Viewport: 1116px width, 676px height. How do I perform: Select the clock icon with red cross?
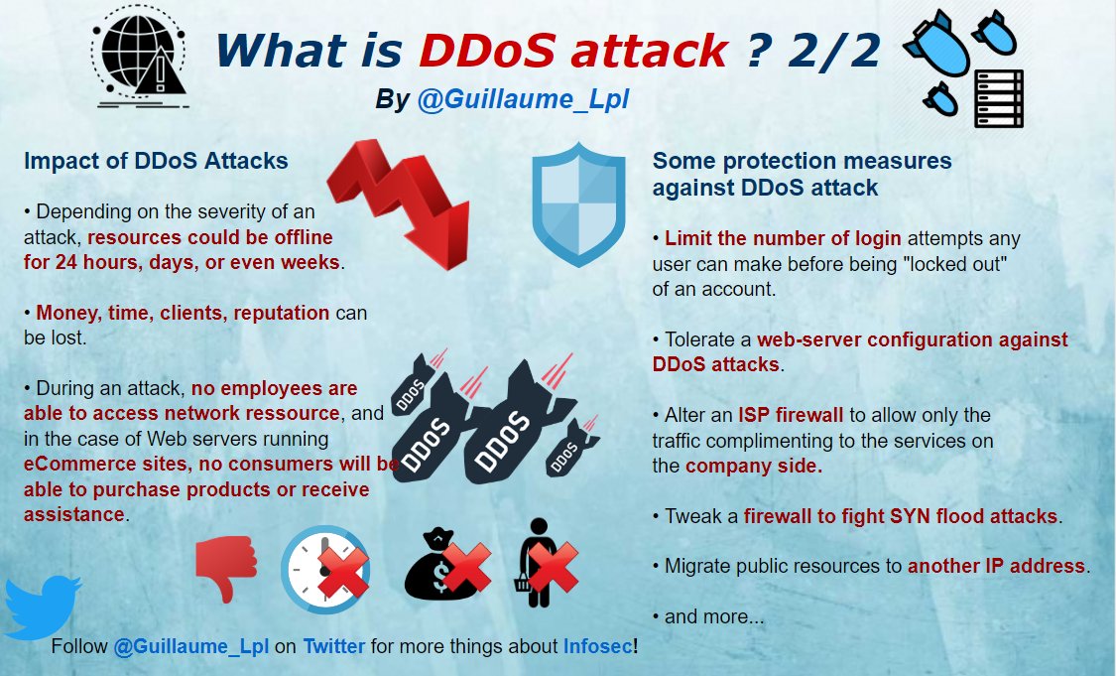tap(326, 570)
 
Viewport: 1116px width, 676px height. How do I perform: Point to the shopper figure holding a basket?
tap(544, 563)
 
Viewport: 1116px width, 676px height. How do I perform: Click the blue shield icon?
tap(578, 203)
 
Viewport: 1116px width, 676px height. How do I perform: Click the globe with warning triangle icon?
tap(140, 57)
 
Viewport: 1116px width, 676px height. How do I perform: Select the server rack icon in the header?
tap(999, 98)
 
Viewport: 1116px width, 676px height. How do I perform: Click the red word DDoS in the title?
tap(487, 52)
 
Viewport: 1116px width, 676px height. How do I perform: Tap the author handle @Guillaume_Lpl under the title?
tap(523, 99)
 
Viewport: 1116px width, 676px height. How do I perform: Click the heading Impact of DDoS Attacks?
tap(156, 161)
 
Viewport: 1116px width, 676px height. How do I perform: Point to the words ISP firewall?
tap(790, 415)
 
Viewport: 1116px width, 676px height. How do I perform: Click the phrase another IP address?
tap(996, 566)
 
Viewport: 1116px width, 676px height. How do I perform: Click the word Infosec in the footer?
tap(597, 646)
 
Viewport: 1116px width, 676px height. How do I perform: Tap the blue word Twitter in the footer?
tap(333, 646)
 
